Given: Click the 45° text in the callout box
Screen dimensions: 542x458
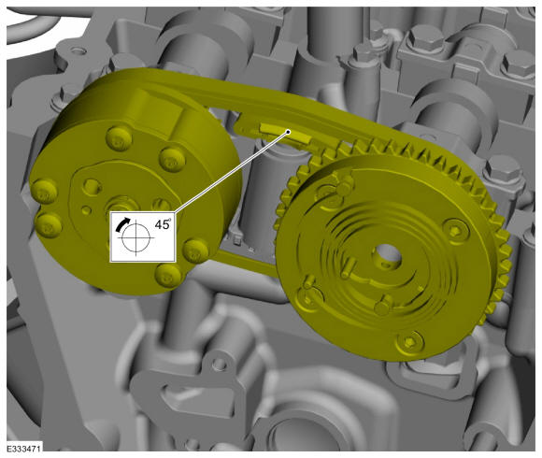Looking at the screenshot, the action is tap(163, 224).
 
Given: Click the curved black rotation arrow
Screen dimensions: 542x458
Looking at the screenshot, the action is tap(122, 224).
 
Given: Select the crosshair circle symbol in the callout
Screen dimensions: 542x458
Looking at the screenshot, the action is tap(135, 237).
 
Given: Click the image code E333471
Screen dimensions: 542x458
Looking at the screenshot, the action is tap(24, 449).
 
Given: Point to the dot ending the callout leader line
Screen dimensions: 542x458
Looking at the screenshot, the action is tap(289, 132).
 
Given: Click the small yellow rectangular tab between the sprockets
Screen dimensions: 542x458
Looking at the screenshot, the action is tap(285, 134).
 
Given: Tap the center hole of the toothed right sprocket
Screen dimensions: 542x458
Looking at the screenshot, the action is tap(388, 256).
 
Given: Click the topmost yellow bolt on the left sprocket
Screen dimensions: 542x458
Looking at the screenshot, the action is tap(120, 137).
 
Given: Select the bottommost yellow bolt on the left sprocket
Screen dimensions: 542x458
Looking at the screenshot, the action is tap(168, 275).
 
